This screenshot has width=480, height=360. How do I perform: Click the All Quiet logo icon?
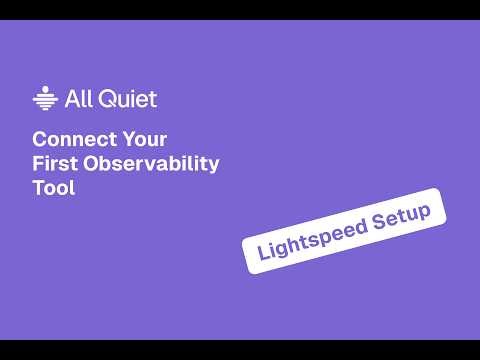(x=44, y=98)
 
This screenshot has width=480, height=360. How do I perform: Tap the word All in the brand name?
(x=77, y=98)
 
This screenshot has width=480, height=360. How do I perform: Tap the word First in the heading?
(x=54, y=164)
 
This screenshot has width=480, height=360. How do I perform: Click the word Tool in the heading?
(x=54, y=188)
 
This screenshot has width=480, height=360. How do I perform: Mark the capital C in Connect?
(x=39, y=139)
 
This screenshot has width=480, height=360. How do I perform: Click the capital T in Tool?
(x=38, y=188)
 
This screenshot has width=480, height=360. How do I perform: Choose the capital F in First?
(x=38, y=164)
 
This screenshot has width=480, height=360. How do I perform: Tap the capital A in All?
(x=70, y=98)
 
